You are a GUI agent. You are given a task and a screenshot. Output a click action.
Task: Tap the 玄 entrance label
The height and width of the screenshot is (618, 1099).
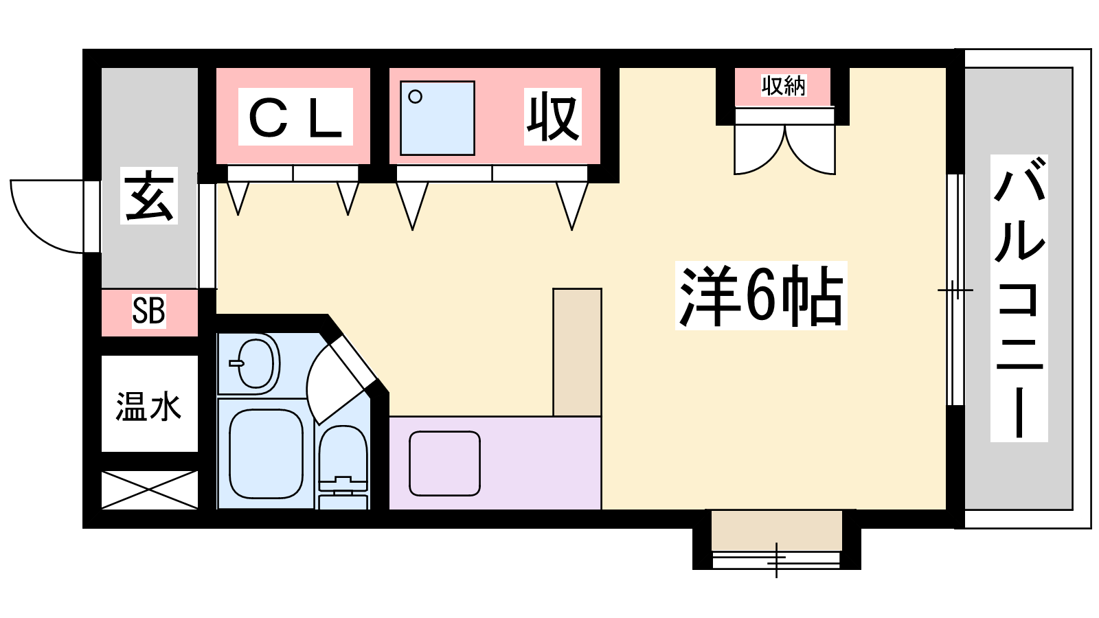pos(148,196)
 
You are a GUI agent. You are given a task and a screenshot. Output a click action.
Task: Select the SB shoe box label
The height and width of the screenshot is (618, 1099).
pos(148,310)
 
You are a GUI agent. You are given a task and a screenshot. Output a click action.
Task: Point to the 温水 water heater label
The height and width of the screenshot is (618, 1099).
pos(148,407)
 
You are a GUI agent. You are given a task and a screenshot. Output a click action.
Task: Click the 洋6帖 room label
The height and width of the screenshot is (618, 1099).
pos(761,296)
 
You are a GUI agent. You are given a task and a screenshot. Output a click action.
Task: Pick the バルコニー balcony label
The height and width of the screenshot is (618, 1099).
pos(1019,298)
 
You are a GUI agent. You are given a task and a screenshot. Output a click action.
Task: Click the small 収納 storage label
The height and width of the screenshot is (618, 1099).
pos(784,85)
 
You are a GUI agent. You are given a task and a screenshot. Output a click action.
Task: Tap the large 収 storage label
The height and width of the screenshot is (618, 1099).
pos(552,117)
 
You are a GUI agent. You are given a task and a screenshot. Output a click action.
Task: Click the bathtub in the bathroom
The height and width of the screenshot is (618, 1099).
pos(266,454)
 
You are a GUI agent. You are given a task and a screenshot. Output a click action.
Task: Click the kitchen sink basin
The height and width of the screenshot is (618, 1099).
pos(444,463)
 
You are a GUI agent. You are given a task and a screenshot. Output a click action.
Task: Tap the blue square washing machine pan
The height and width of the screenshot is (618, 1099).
pos(437,118)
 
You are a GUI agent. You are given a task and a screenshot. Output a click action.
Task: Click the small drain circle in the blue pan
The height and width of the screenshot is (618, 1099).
pos(415,97)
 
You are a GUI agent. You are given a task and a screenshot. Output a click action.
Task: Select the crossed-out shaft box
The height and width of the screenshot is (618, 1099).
pos(149,490)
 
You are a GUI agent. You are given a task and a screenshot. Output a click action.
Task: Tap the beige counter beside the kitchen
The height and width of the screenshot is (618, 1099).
pos(577,352)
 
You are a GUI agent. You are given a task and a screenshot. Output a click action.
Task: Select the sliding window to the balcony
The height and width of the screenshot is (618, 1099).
pos(955,290)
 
